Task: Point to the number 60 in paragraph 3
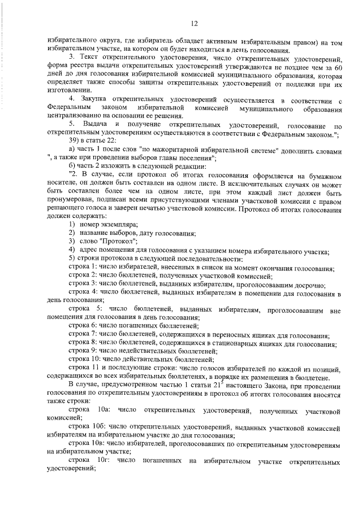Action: [337, 67]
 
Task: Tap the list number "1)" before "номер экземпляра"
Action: [72, 225]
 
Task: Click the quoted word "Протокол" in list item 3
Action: [113, 242]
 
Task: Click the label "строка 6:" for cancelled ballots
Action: [84, 326]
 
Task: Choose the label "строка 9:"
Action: [84, 351]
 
